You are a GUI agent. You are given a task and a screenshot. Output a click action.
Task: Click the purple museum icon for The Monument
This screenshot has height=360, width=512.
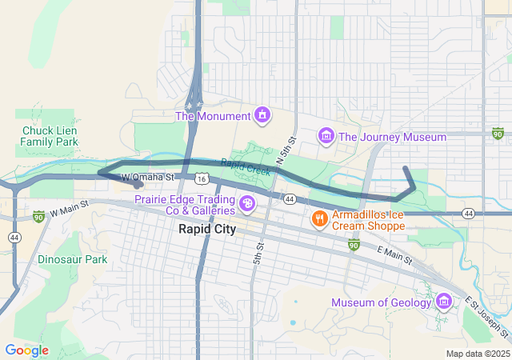click(x=262, y=116)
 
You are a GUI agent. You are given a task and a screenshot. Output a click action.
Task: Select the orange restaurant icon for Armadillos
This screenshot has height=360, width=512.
click(x=319, y=218)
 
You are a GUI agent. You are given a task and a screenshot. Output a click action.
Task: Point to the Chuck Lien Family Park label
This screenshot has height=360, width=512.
click(x=50, y=136)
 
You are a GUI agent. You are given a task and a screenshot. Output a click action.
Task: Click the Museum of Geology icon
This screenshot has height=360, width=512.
click(x=445, y=302)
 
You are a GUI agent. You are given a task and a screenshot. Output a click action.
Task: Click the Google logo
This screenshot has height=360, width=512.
click(x=27, y=350)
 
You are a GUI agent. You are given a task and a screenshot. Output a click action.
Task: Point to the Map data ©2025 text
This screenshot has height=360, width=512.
click(x=477, y=354)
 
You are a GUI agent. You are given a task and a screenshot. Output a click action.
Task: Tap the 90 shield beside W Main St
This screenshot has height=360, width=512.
click(x=38, y=216)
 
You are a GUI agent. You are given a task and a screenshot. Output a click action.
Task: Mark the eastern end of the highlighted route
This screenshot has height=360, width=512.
click(x=406, y=169)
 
